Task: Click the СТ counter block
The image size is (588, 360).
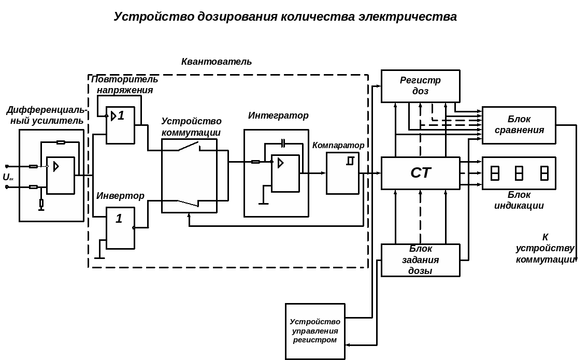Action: click(x=420, y=173)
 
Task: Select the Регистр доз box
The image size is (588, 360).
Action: click(x=420, y=86)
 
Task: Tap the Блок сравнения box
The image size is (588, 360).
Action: click(x=519, y=125)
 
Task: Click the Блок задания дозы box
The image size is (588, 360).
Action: click(x=420, y=260)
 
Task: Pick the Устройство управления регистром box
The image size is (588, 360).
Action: click(x=315, y=331)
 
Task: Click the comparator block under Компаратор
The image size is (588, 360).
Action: click(x=342, y=173)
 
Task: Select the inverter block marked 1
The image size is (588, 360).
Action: click(x=120, y=228)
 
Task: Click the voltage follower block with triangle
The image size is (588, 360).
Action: click(x=120, y=125)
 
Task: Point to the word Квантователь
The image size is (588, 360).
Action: click(x=217, y=62)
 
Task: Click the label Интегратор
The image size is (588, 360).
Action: click(x=278, y=116)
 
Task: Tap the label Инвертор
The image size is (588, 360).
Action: click(x=120, y=196)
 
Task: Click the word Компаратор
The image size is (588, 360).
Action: click(x=338, y=145)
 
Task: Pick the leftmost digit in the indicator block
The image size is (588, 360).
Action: click(x=495, y=173)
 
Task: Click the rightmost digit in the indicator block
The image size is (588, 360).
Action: click(x=544, y=173)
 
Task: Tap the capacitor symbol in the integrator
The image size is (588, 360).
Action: click(x=283, y=143)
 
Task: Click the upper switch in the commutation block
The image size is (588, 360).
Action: click(x=189, y=147)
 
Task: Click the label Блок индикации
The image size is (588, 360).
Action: click(x=519, y=200)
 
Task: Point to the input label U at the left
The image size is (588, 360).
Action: click(x=7, y=177)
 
